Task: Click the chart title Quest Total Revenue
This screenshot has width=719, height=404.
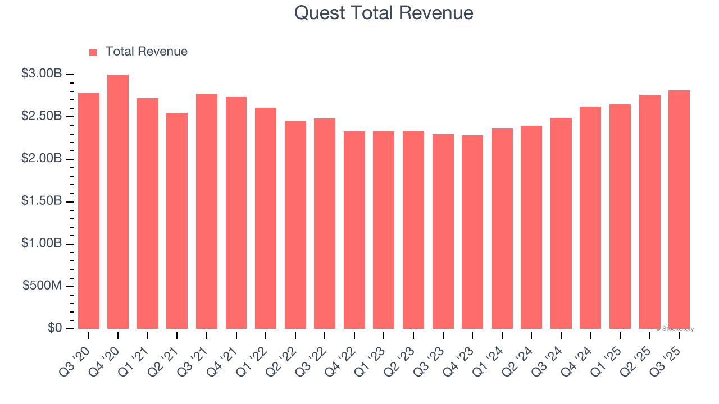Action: point(384,12)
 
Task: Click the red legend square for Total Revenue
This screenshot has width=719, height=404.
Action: point(93,52)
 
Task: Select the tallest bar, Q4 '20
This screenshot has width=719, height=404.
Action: point(118,202)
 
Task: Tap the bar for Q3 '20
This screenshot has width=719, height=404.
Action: point(89,210)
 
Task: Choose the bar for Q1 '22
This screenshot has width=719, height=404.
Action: point(266,218)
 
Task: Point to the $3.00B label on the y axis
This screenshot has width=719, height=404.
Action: point(42,74)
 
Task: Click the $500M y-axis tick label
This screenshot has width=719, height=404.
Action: point(42,286)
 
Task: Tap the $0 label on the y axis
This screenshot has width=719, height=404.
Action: point(54,328)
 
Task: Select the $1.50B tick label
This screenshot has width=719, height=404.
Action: point(42,201)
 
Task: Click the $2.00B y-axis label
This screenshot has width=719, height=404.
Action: point(42,159)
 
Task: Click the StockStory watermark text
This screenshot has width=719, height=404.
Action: point(675,329)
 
